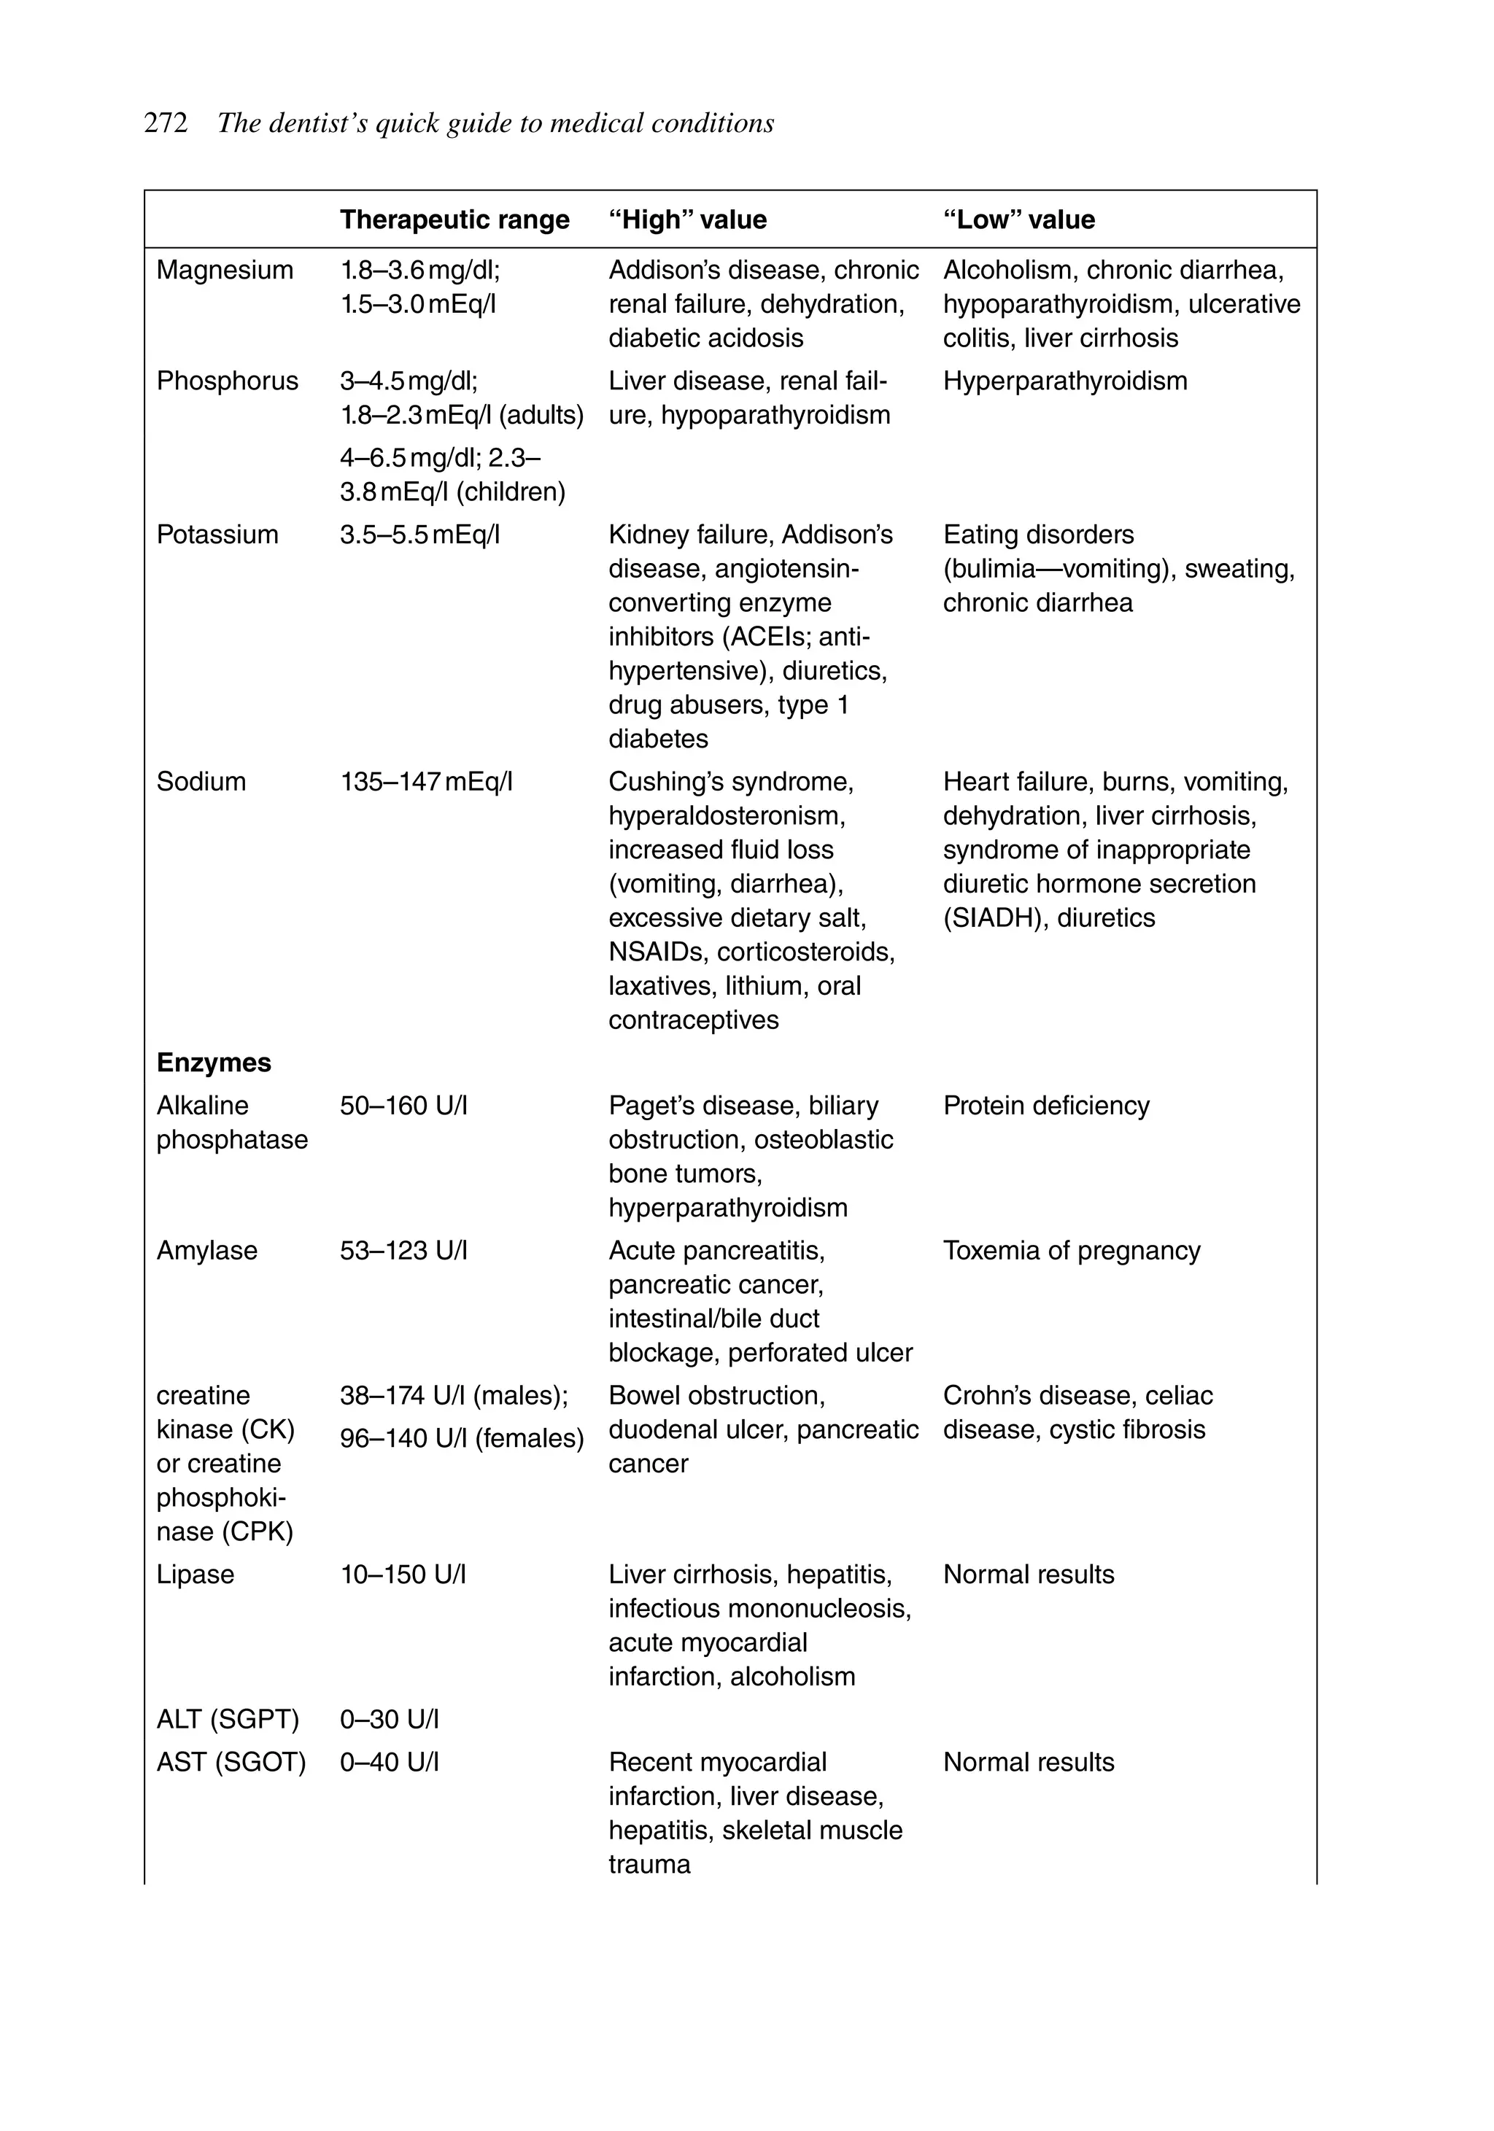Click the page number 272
(x=166, y=123)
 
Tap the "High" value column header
(x=687, y=220)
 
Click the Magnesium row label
(x=225, y=270)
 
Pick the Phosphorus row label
(x=228, y=381)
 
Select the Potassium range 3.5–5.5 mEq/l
(x=419, y=535)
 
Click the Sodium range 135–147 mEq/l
(x=426, y=783)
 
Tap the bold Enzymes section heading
(x=214, y=1063)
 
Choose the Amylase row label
(x=207, y=1251)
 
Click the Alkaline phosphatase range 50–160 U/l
(x=404, y=1106)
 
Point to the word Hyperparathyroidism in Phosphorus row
(x=1065, y=381)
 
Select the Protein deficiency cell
(x=1046, y=1106)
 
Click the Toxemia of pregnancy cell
(x=1072, y=1251)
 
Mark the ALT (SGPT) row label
(x=228, y=1720)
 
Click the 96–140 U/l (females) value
(x=462, y=1439)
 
